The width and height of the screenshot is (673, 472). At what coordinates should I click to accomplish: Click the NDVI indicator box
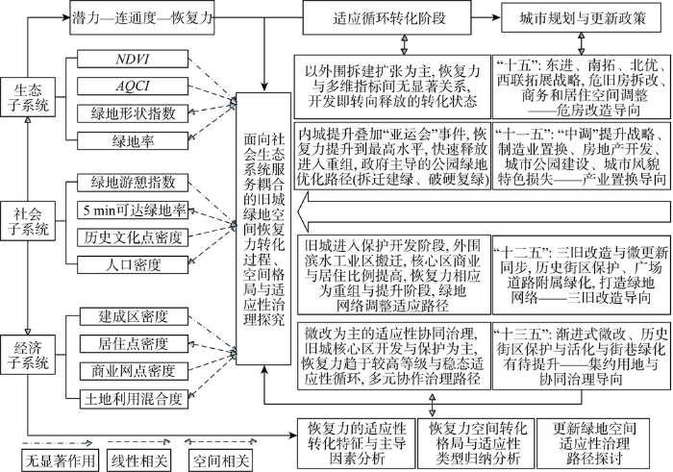pos(133,59)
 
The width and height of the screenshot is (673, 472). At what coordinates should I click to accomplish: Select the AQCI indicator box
pos(133,86)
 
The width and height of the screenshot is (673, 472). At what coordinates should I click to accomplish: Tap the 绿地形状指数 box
pos(133,113)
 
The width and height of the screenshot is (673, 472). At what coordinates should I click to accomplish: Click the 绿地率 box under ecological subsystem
pos(133,140)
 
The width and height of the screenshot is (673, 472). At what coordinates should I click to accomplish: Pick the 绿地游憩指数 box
pos(133,183)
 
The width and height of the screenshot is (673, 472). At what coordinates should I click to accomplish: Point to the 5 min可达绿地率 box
pos(133,211)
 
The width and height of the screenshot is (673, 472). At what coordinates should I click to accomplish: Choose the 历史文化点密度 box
pos(133,237)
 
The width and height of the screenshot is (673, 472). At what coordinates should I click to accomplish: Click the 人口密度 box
pos(133,264)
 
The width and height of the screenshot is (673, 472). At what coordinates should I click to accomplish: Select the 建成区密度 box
pos(134,316)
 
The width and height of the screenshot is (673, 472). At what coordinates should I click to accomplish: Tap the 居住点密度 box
pos(134,344)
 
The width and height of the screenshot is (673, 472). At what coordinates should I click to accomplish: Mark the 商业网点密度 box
pos(134,371)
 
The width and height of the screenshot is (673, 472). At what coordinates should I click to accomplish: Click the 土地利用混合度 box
pos(134,399)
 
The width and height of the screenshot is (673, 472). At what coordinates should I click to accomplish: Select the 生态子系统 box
pos(28,97)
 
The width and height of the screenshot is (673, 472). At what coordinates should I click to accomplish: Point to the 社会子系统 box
pos(28,221)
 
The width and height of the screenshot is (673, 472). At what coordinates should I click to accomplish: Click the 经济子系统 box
pos(28,355)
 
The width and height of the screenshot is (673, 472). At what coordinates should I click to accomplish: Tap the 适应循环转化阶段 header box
pos(386,17)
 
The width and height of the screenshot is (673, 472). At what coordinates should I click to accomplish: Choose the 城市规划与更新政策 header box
pos(581,17)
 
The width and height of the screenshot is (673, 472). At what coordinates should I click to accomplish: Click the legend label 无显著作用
pos(60,460)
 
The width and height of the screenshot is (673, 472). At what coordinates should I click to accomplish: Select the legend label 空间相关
pos(220,460)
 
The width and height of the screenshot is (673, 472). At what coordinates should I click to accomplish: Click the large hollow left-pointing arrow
pos(485,212)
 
